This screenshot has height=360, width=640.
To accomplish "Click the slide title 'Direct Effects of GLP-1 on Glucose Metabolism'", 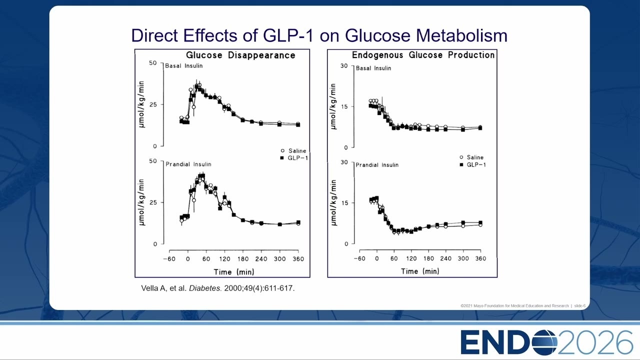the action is point(319,35).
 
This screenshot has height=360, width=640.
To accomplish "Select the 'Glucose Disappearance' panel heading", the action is point(240,55).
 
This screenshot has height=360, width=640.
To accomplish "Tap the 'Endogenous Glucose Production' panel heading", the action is point(423,55).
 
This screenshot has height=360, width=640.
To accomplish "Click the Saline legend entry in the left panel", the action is point(293,151).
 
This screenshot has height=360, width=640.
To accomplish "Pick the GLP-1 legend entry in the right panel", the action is point(473,164).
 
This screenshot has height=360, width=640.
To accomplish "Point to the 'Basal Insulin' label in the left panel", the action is point(183,65).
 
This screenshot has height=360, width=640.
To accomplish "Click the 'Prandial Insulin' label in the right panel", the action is point(377,165).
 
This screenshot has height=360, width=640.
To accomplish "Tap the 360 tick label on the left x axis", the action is point(298,259).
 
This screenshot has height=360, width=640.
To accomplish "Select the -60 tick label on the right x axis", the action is point(359,258).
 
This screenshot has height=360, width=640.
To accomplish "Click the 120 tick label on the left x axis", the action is point(224,259).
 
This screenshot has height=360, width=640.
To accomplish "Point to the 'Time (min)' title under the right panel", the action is point(420,271).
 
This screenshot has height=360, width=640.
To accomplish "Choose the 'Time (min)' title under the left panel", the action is point(234,271).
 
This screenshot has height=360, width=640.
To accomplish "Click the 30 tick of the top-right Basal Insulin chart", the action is point(344,65).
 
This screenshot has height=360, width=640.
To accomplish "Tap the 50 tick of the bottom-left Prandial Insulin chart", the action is point(153,161).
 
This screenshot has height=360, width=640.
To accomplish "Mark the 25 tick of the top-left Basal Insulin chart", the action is point(153,104).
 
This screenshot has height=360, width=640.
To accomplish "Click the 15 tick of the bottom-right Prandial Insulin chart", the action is point(344,203).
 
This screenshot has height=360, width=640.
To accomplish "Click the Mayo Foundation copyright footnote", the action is point(523,305).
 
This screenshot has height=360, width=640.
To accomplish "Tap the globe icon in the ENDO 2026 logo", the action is point(543,342).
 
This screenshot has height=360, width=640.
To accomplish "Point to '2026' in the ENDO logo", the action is point(595,342).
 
